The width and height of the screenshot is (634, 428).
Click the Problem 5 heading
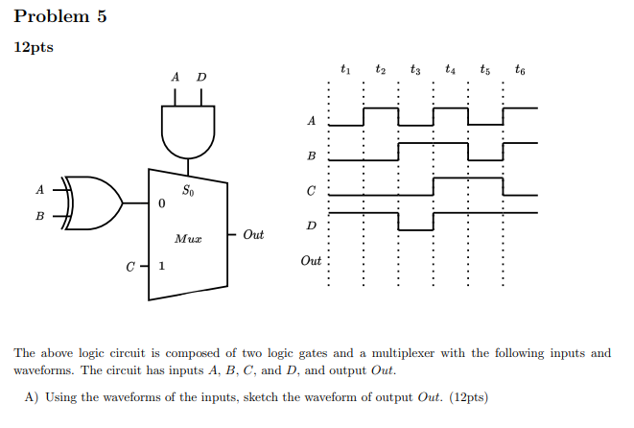(59, 17)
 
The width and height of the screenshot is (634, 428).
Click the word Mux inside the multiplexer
(187, 237)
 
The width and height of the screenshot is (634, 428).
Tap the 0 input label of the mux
(162, 204)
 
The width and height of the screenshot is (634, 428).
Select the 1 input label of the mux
(162, 267)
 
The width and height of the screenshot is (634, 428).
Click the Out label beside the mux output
(253, 234)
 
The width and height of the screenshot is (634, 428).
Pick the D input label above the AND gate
(201, 77)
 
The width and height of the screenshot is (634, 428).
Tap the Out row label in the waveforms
(311, 260)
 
